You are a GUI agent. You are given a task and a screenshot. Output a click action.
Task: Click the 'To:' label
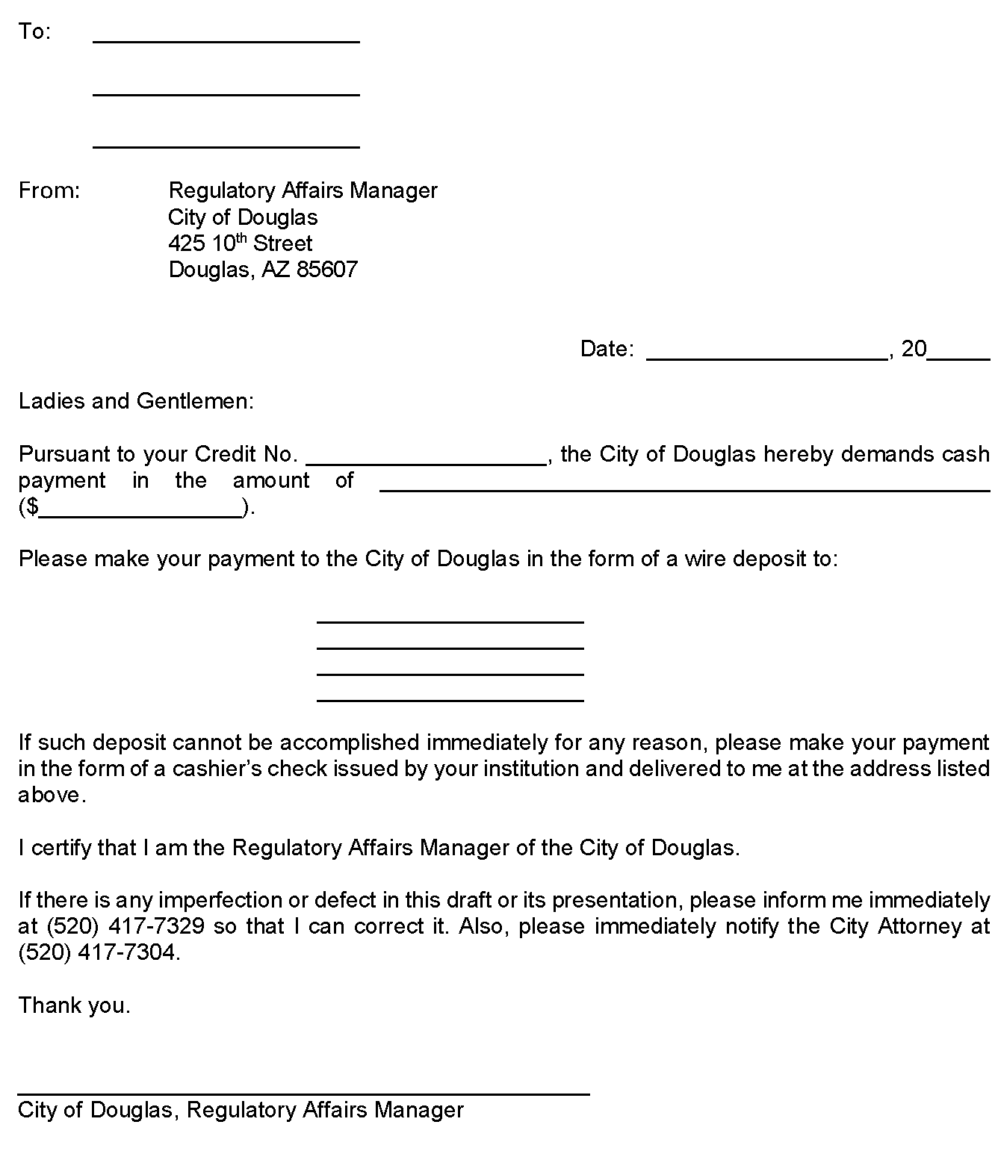[x=34, y=32]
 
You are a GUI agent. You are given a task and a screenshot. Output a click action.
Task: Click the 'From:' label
[x=49, y=191]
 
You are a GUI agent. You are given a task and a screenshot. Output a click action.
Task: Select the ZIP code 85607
[x=327, y=270]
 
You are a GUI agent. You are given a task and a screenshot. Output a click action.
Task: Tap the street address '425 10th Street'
[x=240, y=244]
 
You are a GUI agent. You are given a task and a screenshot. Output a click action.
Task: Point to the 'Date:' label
[x=607, y=349]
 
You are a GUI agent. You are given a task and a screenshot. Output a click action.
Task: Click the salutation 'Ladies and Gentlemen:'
[x=136, y=402]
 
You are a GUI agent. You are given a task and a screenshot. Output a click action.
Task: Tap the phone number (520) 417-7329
[x=125, y=927]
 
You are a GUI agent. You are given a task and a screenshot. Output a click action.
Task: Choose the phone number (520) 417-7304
[x=98, y=953]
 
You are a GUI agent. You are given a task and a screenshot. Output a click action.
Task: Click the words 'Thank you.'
[x=74, y=1005]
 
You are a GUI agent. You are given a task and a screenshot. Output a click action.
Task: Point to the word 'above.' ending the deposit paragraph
[x=52, y=795]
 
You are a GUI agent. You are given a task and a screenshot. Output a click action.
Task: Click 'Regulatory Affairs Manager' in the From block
[x=303, y=191]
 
